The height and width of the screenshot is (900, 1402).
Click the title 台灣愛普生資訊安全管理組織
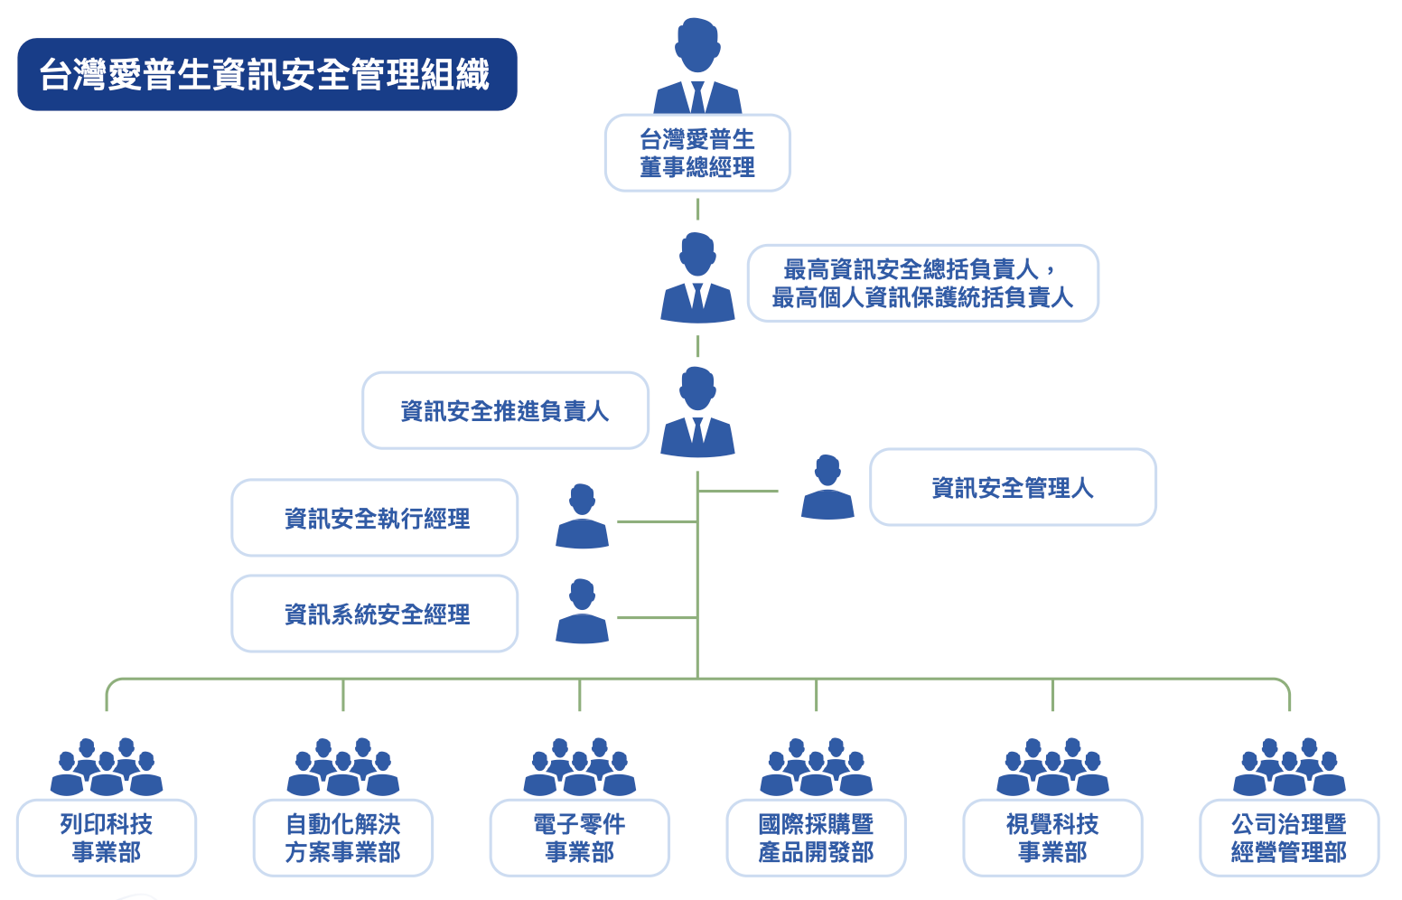coord(266,74)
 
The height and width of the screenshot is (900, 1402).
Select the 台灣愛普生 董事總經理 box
coord(696,153)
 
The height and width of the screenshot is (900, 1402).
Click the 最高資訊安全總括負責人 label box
coord(922,283)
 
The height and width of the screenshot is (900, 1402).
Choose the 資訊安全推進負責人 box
coord(505,411)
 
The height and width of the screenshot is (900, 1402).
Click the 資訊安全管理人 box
coord(1013,488)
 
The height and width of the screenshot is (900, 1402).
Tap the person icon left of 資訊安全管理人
coord(827,488)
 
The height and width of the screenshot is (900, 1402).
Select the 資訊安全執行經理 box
coord(375,518)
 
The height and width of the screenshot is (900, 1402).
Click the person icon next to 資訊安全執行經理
coord(582,517)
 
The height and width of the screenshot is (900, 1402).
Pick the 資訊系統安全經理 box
coord(375,614)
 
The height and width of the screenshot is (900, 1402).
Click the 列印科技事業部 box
coord(107,838)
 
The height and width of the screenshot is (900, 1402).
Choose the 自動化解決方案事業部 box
coord(343,838)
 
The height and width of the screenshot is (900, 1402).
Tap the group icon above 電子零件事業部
coord(580,767)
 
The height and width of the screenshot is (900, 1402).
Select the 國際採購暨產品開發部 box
coord(816,838)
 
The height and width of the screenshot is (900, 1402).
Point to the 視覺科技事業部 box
coord(1052,838)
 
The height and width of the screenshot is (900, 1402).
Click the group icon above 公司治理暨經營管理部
coord(1289,767)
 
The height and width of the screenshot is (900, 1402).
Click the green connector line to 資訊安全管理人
coord(738,491)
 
